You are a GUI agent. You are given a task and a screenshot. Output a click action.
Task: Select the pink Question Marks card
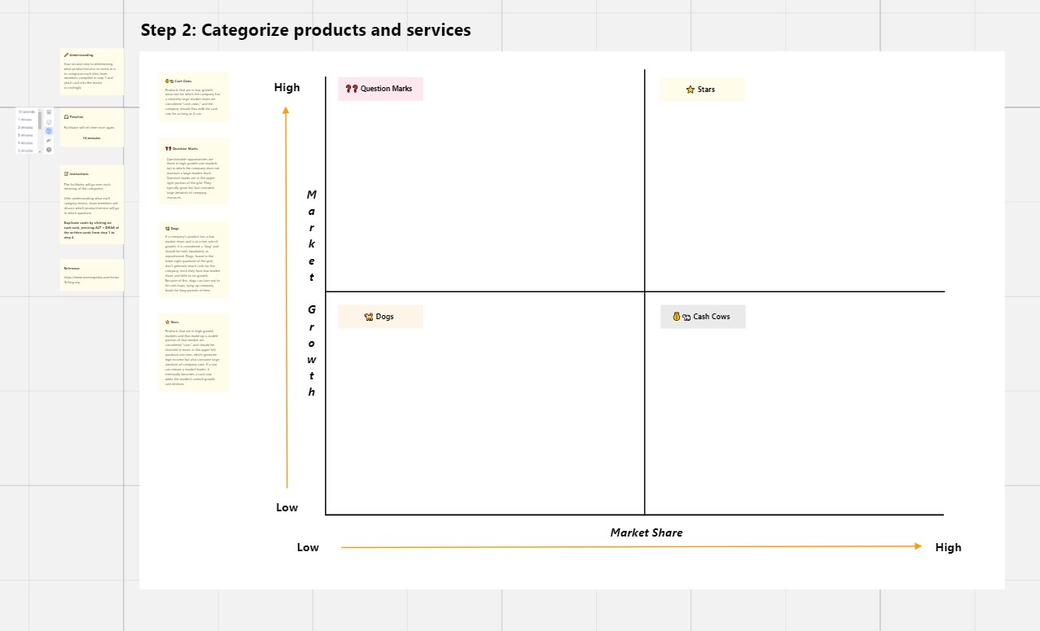pyautogui.click(x=380, y=89)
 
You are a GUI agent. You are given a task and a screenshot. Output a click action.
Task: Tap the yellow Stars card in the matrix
pyautogui.click(x=702, y=90)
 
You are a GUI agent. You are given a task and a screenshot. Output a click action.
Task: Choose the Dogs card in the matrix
pyautogui.click(x=380, y=317)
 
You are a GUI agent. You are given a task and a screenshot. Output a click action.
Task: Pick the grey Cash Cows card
pyautogui.click(x=703, y=317)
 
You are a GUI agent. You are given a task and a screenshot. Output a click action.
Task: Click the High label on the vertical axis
pyautogui.click(x=287, y=88)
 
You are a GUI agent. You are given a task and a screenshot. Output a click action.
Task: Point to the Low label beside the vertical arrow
pyautogui.click(x=287, y=507)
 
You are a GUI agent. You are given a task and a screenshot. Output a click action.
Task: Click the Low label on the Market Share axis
pyautogui.click(x=308, y=547)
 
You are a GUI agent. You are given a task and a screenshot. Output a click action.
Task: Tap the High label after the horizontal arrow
pyautogui.click(x=948, y=547)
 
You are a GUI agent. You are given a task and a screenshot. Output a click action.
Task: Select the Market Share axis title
pyautogui.click(x=647, y=532)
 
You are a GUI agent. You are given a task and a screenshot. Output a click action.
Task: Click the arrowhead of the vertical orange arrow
pyautogui.click(x=286, y=110)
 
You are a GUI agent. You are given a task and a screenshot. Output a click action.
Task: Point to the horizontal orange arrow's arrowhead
pyautogui.click(x=919, y=547)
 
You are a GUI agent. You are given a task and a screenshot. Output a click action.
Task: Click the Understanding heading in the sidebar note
pyautogui.click(x=81, y=55)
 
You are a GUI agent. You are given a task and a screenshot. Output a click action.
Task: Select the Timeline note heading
pyautogui.click(x=77, y=117)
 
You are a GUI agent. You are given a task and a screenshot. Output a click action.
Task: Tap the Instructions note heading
pyautogui.click(x=79, y=174)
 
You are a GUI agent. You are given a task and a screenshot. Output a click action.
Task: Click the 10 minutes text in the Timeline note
pyautogui.click(x=91, y=138)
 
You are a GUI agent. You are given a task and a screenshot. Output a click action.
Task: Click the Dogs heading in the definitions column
pyautogui.click(x=175, y=229)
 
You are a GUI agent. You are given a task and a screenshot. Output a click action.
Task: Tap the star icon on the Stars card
pyautogui.click(x=691, y=90)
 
